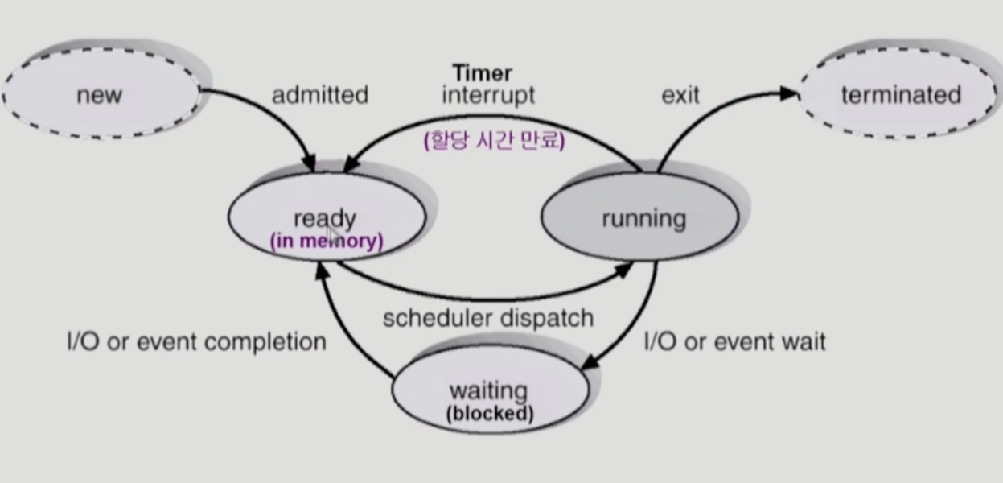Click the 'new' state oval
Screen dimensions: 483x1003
coord(100,95)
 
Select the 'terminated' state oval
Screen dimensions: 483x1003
coord(901,95)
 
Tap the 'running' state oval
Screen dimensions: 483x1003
coord(642,218)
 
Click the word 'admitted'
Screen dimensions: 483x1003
coord(319,95)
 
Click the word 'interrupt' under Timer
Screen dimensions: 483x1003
coord(488,95)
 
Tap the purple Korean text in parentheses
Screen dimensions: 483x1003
coord(494,141)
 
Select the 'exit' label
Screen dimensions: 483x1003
coord(680,95)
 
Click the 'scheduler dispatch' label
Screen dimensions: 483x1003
coord(487,318)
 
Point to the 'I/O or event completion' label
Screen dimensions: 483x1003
coord(195,341)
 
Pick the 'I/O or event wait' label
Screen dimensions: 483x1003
coord(734,341)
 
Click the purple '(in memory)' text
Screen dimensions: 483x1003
coord(326,241)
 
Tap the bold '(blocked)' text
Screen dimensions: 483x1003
coord(489,415)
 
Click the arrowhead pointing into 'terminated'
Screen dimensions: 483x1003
coord(790,94)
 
